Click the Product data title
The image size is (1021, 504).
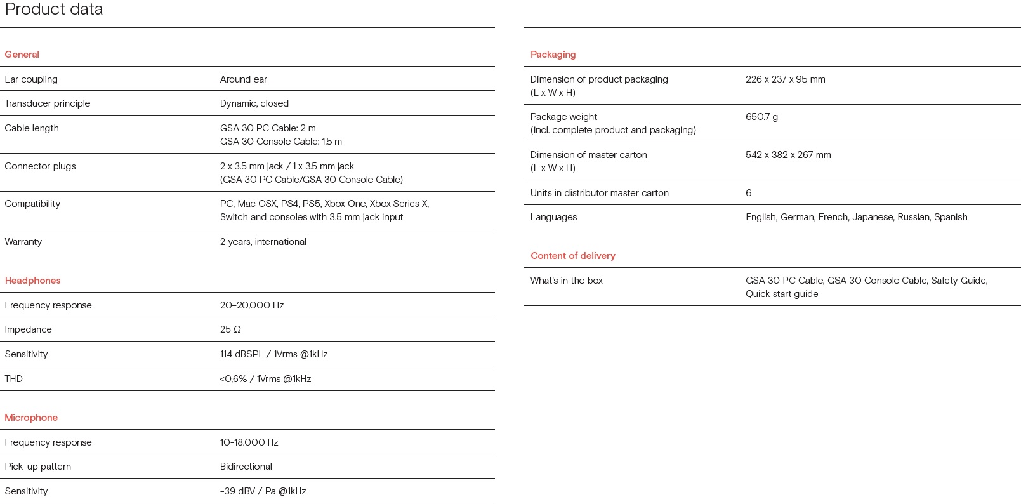click(x=54, y=10)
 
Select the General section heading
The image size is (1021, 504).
click(x=22, y=55)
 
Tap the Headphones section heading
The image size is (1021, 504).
click(x=32, y=281)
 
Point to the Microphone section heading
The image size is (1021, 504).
click(x=31, y=418)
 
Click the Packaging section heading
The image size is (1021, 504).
click(x=553, y=55)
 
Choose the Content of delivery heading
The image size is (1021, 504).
click(x=572, y=256)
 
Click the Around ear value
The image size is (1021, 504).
click(x=243, y=79)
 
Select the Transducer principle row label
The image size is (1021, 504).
click(x=48, y=103)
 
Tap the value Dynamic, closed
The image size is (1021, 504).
click(x=254, y=103)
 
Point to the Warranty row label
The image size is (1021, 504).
click(x=23, y=242)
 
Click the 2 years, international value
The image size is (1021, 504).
click(x=263, y=242)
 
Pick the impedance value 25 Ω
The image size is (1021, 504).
click(x=230, y=329)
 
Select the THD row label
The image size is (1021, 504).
click(x=13, y=379)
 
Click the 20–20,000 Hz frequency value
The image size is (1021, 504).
click(x=251, y=305)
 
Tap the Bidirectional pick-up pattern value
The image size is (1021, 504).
click(x=246, y=467)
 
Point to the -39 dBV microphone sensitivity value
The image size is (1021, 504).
click(x=263, y=491)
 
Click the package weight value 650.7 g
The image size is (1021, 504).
click(x=761, y=117)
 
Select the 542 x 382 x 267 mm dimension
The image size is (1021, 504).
click(x=788, y=155)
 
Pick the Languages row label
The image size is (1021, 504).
click(x=553, y=217)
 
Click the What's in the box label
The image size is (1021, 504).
click(x=566, y=281)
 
